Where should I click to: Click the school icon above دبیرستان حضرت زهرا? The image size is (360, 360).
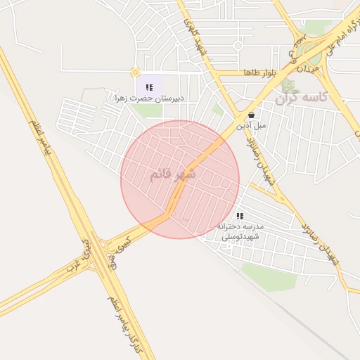pyautogui.click(x=148, y=87)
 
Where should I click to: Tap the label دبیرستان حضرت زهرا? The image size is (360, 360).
pyautogui.click(x=149, y=98)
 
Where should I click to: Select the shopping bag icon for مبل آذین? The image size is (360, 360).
pyautogui.click(x=251, y=115)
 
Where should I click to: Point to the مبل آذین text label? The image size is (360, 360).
pyautogui.click(x=251, y=125)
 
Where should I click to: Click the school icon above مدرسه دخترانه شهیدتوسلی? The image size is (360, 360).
pyautogui.click(x=240, y=217)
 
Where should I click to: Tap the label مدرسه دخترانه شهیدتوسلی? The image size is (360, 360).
pyautogui.click(x=240, y=231)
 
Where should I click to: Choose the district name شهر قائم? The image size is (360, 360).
pyautogui.click(x=172, y=173)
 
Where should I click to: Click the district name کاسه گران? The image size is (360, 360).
pyautogui.click(x=302, y=98)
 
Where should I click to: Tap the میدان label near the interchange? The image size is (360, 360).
pyautogui.click(x=309, y=69)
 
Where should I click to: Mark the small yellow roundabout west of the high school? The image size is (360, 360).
pyautogui.click(x=134, y=72)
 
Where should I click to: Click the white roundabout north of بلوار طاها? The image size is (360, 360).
pyautogui.click(x=238, y=46)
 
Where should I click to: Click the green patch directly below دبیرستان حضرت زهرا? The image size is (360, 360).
pyautogui.click(x=149, y=110)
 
